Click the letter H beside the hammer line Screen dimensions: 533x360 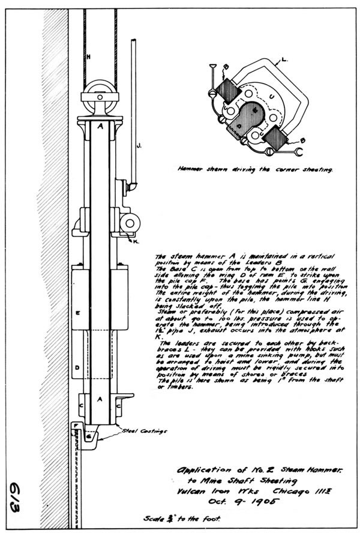(x=89, y=58)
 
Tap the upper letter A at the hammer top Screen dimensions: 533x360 (x=100, y=127)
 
